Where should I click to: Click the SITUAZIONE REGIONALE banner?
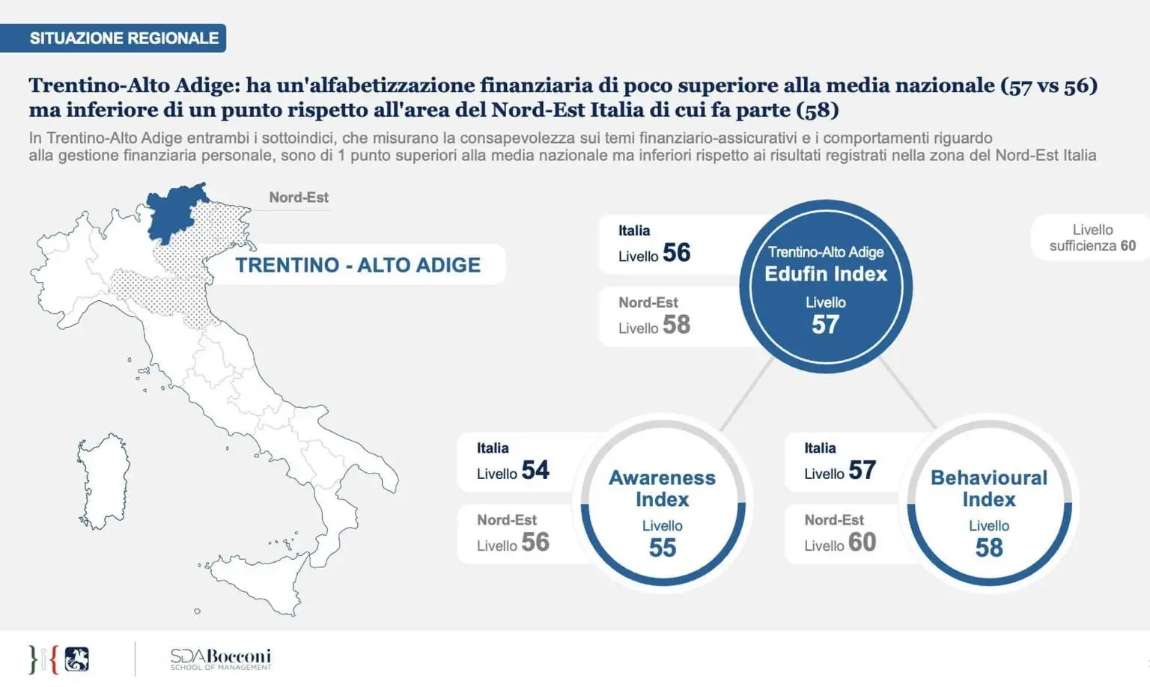(x=124, y=38)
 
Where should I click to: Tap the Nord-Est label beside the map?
(x=299, y=198)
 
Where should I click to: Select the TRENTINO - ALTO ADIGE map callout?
(x=358, y=265)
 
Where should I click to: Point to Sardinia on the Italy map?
(x=103, y=480)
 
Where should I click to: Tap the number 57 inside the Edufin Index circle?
(x=825, y=325)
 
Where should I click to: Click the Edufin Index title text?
(x=825, y=274)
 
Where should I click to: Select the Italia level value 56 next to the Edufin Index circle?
(x=676, y=253)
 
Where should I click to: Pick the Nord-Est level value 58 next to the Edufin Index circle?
(x=676, y=325)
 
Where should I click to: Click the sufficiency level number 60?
(x=1128, y=245)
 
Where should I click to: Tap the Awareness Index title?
(x=662, y=488)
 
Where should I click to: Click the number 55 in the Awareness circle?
(x=662, y=548)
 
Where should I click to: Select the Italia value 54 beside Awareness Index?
(x=535, y=470)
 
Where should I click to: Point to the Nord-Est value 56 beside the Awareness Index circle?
(x=535, y=542)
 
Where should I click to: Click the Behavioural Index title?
(x=988, y=488)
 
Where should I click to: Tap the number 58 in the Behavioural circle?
(x=988, y=548)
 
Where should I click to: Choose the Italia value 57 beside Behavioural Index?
(x=862, y=470)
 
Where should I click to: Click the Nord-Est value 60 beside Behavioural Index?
(x=862, y=542)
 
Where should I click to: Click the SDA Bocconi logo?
(x=220, y=659)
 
